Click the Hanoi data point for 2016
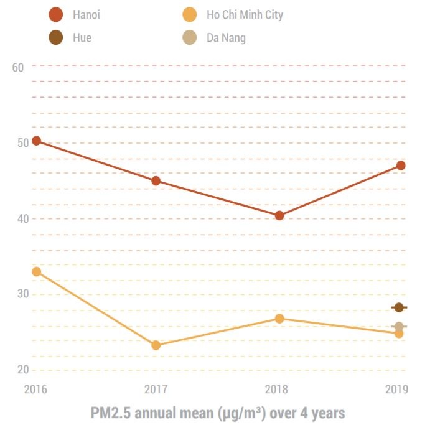click(x=36, y=141)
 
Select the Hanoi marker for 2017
click(x=156, y=181)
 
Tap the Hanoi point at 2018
click(x=279, y=215)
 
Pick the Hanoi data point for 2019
click(x=401, y=166)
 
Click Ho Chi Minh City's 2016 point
click(x=36, y=271)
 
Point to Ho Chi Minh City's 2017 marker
click(x=156, y=345)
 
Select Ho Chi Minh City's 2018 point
click(x=279, y=319)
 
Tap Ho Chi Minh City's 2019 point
click(x=399, y=334)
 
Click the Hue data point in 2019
click(x=399, y=307)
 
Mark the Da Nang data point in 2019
click(x=399, y=326)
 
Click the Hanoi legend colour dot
click(x=56, y=14)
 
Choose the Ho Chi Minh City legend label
click(x=245, y=14)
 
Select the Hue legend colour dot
click(x=56, y=38)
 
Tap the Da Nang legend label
click(x=226, y=38)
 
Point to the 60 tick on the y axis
click(x=18, y=67)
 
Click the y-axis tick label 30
click(x=18, y=294)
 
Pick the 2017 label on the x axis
click(x=156, y=390)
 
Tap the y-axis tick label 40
click(x=18, y=218)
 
